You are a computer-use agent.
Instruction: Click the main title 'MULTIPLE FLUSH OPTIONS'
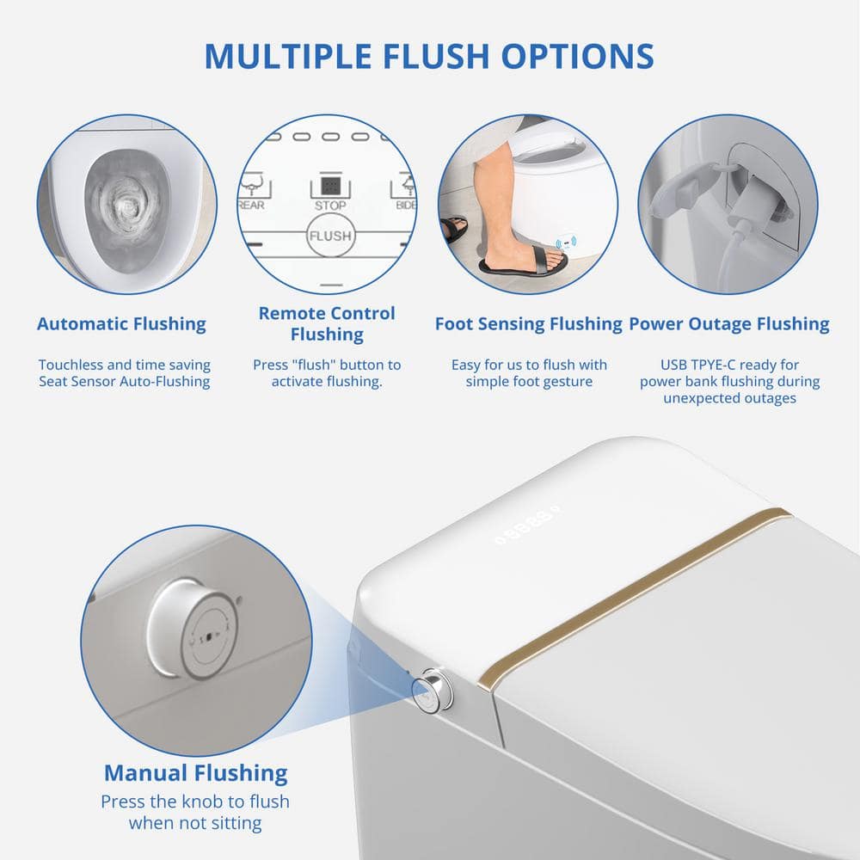pyautogui.click(x=429, y=56)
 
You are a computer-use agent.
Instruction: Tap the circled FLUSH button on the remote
pyautogui.click(x=329, y=236)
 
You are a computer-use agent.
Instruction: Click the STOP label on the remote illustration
pyautogui.click(x=330, y=206)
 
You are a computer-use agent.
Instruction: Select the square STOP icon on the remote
pyautogui.click(x=330, y=186)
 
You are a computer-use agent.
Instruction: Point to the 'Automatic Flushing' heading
pyautogui.click(x=122, y=324)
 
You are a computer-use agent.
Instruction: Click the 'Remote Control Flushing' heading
pyautogui.click(x=327, y=323)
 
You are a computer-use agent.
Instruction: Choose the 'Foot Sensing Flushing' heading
pyautogui.click(x=529, y=324)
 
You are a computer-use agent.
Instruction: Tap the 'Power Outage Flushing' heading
pyautogui.click(x=729, y=324)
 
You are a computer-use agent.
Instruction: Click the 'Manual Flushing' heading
pyautogui.click(x=196, y=773)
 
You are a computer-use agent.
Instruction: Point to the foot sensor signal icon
pyautogui.click(x=566, y=243)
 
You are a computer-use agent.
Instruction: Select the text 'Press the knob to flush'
pyautogui.click(x=195, y=802)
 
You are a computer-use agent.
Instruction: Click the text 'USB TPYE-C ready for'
pyautogui.click(x=729, y=365)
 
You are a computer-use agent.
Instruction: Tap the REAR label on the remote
pyautogui.click(x=251, y=206)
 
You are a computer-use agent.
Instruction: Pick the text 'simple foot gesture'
pyautogui.click(x=529, y=381)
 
